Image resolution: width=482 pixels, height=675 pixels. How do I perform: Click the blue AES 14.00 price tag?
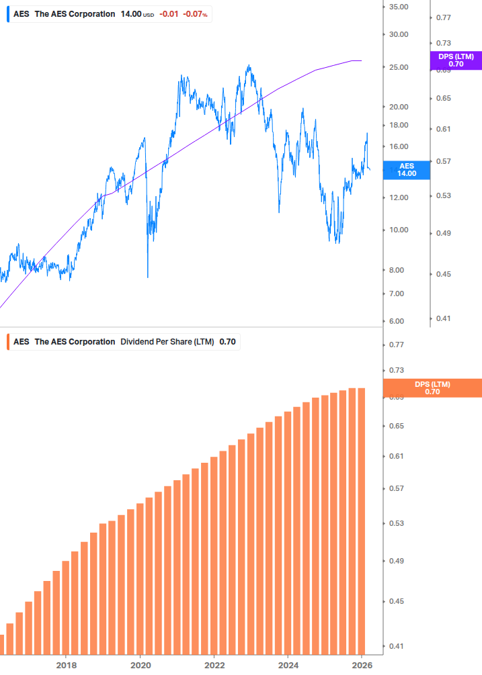coord(407,169)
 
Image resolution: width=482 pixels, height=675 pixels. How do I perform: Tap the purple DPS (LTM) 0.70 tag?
coord(456,60)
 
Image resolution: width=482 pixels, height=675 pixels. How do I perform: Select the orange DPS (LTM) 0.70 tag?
coord(432,388)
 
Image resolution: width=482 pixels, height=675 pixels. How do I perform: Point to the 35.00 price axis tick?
coord(399,7)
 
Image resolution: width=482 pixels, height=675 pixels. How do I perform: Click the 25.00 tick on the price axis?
coord(399,67)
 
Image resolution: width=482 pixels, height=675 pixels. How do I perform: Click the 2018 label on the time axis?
coord(66,666)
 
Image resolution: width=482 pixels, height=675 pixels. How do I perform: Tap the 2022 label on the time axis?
coord(214,666)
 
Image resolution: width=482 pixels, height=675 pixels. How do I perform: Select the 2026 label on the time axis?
coord(362,666)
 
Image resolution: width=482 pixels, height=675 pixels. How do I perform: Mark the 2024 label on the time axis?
coord(288,666)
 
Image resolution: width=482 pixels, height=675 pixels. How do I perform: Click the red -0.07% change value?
coord(195,14)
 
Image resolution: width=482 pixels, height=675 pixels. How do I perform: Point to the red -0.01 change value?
coord(169,14)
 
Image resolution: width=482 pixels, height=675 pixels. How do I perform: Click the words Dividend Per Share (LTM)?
coord(167,342)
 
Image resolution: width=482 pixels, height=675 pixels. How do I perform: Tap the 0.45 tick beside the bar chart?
coord(397,602)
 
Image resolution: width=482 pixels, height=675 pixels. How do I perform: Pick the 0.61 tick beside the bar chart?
coord(397,457)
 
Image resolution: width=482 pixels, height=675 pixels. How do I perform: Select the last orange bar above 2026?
coord(361,521)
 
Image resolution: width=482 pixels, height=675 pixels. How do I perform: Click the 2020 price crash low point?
coord(148,276)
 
